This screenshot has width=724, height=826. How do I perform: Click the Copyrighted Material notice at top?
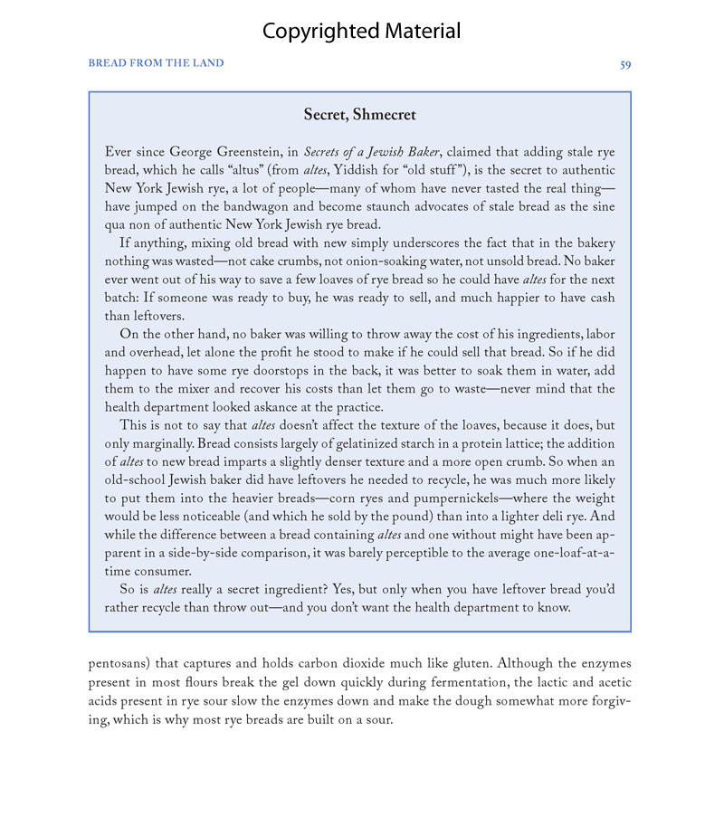361,32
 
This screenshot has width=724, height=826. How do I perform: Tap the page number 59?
625,64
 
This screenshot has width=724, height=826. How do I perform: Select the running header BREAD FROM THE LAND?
156,63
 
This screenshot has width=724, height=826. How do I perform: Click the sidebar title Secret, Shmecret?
360,115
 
